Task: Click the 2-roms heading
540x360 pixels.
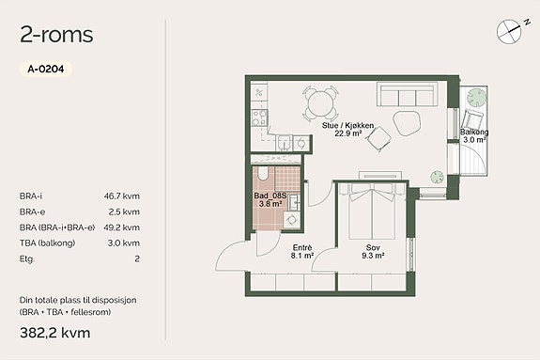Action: [x=57, y=35]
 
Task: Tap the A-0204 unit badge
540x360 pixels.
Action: [x=46, y=69]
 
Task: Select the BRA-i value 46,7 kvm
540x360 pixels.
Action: [x=122, y=196]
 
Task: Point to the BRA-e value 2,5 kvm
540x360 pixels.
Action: [x=124, y=211]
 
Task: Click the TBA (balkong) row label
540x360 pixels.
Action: [x=48, y=243]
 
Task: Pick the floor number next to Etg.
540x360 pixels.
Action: [x=137, y=258]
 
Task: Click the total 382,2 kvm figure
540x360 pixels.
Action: [x=55, y=333]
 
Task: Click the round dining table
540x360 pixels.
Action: [x=320, y=102]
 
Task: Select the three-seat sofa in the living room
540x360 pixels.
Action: [x=408, y=94]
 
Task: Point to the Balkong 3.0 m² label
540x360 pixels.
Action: [x=474, y=136]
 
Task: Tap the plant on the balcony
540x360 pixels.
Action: [x=477, y=97]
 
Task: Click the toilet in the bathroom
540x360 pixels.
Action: [x=262, y=174]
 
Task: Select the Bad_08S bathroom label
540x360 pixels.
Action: [x=270, y=196]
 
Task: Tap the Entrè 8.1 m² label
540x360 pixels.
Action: [x=302, y=251]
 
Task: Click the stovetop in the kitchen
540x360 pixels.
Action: [x=259, y=117]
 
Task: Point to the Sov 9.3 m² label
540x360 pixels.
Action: [x=373, y=251]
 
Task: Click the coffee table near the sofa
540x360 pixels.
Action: [x=407, y=122]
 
